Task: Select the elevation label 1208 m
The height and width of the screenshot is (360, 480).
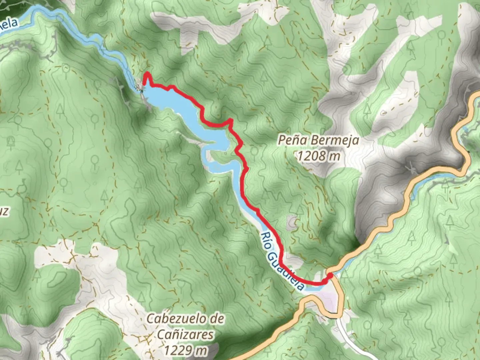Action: [319, 156]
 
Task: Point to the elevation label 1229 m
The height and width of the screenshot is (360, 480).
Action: [185, 350]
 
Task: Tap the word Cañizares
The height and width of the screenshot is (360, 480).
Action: [185, 335]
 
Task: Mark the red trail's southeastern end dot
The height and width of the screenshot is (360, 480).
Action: [330, 275]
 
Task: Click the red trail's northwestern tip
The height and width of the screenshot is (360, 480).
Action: [146, 74]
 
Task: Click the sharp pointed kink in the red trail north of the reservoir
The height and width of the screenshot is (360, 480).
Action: [230, 120]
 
